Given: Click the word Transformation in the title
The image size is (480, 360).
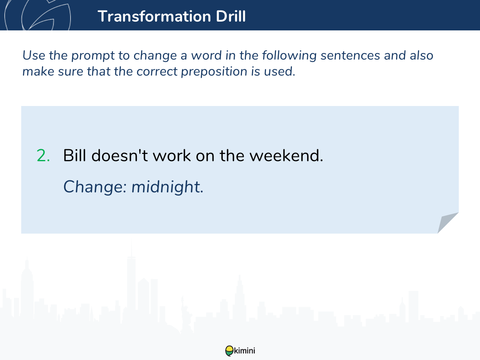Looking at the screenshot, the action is coord(154,16).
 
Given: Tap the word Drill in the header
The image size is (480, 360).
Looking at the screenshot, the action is coord(231,16).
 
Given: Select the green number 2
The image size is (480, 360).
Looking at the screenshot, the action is coord(43,156).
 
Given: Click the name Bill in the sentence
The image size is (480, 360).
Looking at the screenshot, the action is coord(74,156).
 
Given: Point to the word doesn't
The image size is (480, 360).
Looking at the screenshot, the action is coord(120,156).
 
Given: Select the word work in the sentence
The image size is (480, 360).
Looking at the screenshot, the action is coord(172,156).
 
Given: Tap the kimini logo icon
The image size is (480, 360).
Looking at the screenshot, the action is coord(229,351).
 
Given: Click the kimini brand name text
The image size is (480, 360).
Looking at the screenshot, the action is coord(244,351).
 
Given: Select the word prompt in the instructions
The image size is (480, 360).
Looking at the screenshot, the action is coord(93,56).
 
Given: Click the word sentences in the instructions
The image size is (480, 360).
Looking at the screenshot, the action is coord(350,55).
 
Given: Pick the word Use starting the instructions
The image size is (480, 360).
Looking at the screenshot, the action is coord(34,55).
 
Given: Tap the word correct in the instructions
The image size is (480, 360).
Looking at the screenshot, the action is coord(157,72).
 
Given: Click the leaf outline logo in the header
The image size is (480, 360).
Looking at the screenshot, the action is coord(38,15).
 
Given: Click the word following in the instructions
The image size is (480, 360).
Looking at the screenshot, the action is coord(289,56).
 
